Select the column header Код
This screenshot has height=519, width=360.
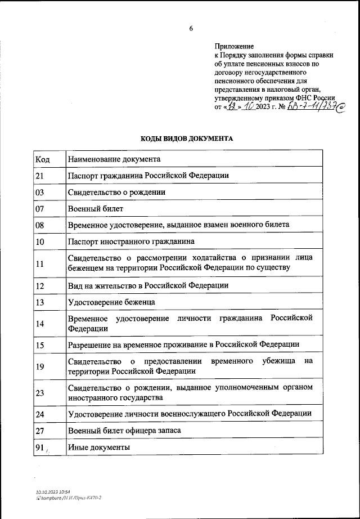coord(42,159)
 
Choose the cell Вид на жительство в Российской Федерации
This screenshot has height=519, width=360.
coord(148,285)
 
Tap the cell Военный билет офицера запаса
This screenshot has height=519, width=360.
coord(124,431)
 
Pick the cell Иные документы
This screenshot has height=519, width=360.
coord(98,447)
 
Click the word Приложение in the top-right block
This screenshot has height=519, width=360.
coord(235,46)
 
